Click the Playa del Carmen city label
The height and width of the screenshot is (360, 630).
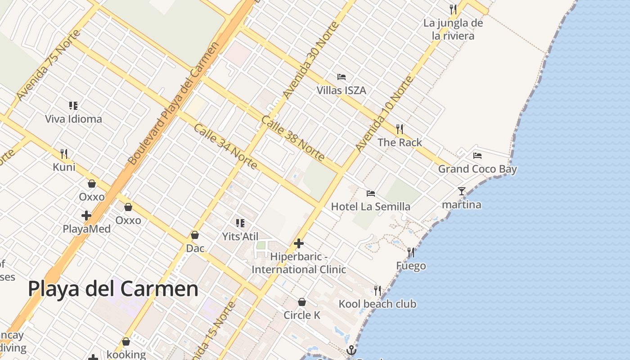coord(113,289)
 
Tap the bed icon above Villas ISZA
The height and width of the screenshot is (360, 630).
coord(342,77)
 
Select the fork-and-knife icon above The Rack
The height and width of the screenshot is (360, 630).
coord(400,129)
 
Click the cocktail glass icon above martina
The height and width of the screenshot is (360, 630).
coord(462,191)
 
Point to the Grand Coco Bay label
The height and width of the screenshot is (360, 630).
coord(477,169)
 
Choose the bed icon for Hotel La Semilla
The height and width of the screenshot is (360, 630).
coord(371,193)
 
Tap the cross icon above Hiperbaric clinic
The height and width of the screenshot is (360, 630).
coord(299,244)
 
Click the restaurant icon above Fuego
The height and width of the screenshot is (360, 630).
coord(410,252)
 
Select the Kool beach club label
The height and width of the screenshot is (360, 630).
coord(378,304)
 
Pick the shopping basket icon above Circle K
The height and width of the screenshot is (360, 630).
coord(302,302)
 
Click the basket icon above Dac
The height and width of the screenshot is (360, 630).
coord(195,235)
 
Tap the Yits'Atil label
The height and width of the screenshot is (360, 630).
coord(240,236)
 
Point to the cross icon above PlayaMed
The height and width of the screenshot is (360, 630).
coord(86,216)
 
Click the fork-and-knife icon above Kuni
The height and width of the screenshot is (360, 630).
coord(64,154)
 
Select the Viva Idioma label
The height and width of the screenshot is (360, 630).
coord(73,119)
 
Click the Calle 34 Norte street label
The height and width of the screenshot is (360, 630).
coord(225,147)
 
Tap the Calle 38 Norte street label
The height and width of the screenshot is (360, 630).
coord(292,138)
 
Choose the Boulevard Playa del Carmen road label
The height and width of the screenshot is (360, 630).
coord(173,103)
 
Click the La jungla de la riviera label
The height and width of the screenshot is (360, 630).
coord(453,30)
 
